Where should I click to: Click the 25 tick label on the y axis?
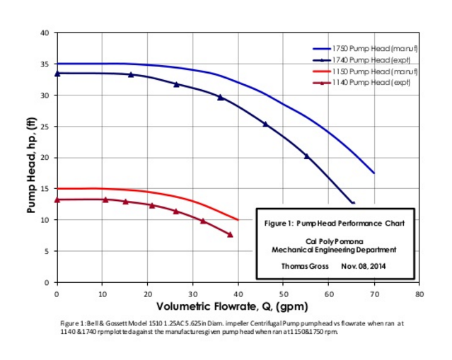pyautogui.click(x=45, y=127)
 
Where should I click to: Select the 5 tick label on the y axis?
pyautogui.click(x=47, y=251)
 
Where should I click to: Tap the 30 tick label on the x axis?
pyautogui.click(x=192, y=292)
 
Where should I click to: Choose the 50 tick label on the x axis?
pyautogui.click(x=284, y=292)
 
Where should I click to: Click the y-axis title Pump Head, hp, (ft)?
pyautogui.click(x=31, y=157)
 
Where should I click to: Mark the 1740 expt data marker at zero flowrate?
pyautogui.click(x=57, y=74)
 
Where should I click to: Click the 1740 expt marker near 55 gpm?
pyautogui.click(x=306, y=156)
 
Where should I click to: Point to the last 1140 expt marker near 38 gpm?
pyautogui.click(x=230, y=235)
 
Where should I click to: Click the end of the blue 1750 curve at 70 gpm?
pyautogui.click(x=373, y=173)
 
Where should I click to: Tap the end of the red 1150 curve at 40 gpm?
pyautogui.click(x=238, y=220)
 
